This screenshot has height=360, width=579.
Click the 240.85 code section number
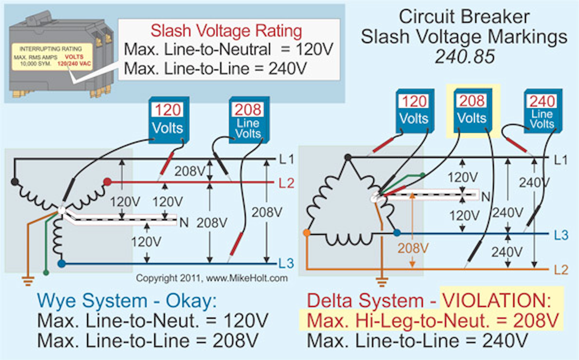(x=464, y=57)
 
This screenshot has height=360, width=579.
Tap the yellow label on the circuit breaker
(x=52, y=57)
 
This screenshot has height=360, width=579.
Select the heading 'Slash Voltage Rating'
(x=226, y=31)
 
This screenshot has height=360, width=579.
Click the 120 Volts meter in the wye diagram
(x=168, y=119)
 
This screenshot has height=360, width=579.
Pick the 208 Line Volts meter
(x=248, y=120)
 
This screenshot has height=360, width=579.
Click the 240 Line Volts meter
(x=542, y=111)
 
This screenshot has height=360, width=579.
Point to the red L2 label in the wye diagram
(x=286, y=183)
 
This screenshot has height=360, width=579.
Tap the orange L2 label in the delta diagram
(x=561, y=269)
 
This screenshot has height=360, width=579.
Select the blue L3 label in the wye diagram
(x=286, y=263)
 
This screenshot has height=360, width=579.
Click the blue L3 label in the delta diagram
(x=561, y=235)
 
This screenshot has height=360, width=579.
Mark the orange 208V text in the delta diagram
(x=413, y=248)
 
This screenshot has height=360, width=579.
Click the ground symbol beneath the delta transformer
(x=382, y=282)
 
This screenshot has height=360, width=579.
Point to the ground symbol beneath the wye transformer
(x=28, y=280)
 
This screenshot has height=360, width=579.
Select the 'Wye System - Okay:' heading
(x=127, y=301)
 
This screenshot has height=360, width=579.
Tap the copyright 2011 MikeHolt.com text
(x=211, y=278)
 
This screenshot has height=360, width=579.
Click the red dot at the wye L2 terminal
(x=107, y=182)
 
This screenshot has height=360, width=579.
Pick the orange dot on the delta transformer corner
(x=307, y=232)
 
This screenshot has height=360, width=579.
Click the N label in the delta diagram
(x=486, y=197)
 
